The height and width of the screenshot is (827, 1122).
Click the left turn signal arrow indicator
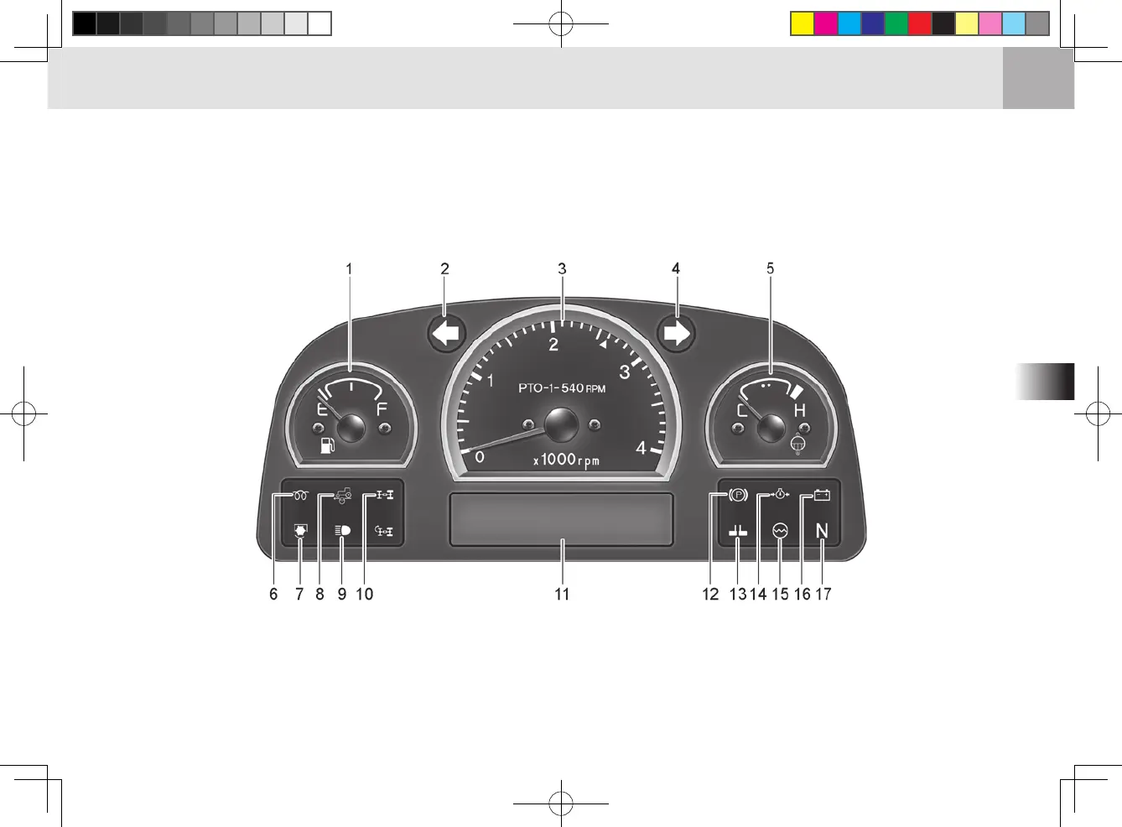pos(446,334)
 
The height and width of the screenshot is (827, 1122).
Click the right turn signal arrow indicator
pos(676,334)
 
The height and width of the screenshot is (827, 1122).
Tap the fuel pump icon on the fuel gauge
pos(328,445)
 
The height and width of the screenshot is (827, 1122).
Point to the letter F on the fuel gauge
pos(382,409)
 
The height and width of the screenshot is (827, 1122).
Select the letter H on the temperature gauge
pos(799,410)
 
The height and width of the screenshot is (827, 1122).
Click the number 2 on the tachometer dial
pos(553,345)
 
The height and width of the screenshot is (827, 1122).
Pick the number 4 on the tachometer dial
pos(641,449)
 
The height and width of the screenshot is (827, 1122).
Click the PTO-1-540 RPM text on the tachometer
pos(561,388)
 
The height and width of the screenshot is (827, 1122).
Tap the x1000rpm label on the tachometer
pos(566,460)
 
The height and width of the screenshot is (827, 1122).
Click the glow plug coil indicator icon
pos(300,496)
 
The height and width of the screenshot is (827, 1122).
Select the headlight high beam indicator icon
pos(342,530)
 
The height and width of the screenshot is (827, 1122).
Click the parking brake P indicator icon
pos(737,496)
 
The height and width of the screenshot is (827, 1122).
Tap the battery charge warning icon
pos(822,496)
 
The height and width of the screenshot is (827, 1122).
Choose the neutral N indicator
pos(822,531)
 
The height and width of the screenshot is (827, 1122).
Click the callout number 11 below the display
pos(562,594)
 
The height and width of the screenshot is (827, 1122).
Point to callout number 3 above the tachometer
pos(562,268)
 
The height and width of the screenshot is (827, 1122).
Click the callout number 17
pos(823,594)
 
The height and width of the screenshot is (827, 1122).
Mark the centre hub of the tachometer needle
pos(561,425)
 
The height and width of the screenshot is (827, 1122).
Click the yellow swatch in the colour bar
pos(803,23)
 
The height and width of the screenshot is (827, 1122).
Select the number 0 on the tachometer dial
pos(480,457)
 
